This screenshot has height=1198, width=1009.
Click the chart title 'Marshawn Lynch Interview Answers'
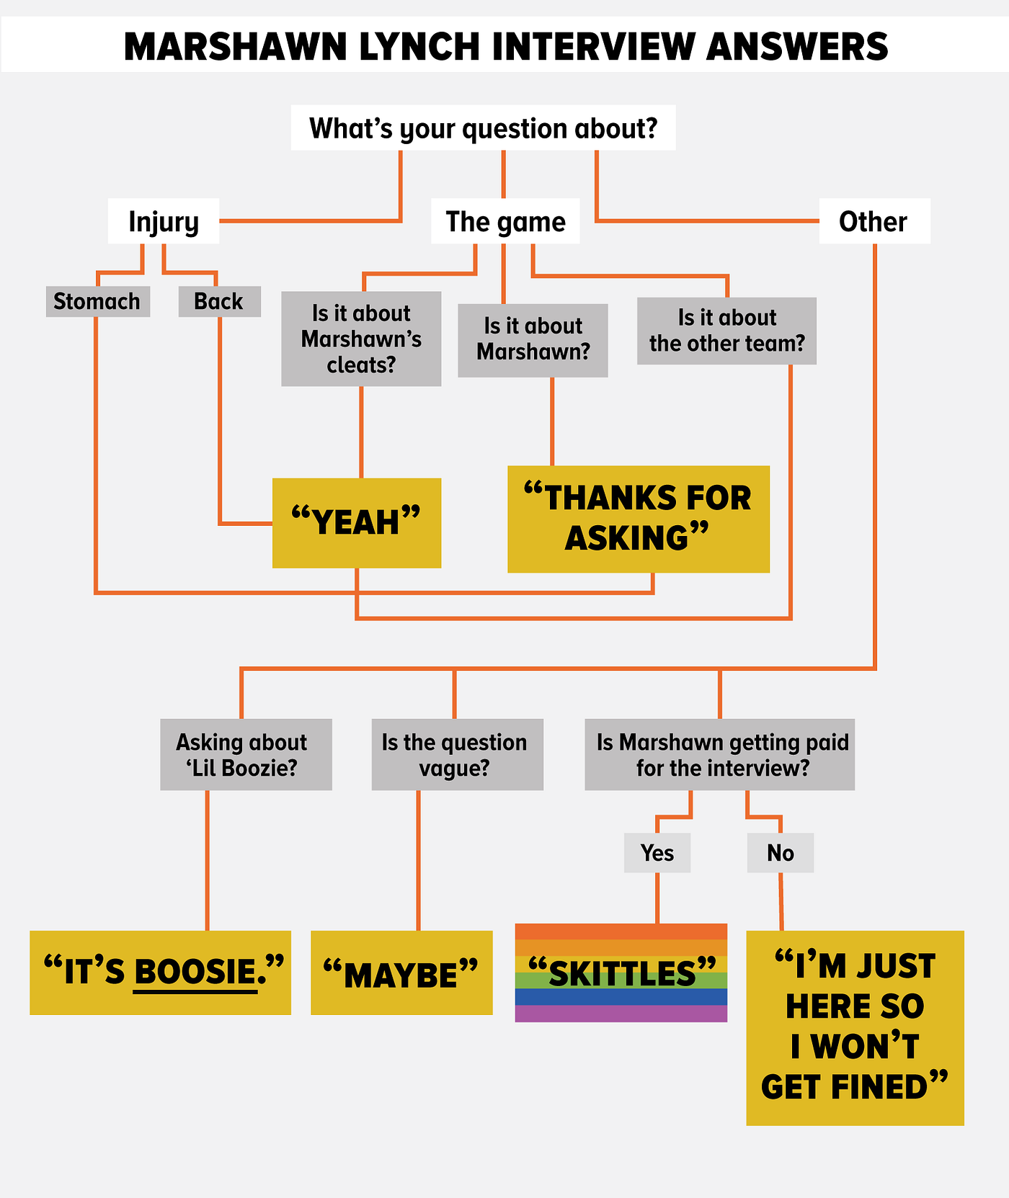pyautogui.click(x=505, y=46)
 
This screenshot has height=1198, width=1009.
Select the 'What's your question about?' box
pyautogui.click(x=483, y=128)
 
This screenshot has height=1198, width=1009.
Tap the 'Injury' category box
pyautogui.click(x=164, y=221)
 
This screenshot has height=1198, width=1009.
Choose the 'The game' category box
pyautogui.click(x=505, y=221)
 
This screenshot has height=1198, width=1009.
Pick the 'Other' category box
pyautogui.click(x=874, y=221)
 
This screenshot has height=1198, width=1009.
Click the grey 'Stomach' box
pyautogui.click(x=97, y=301)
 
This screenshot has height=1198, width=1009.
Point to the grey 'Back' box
pyautogui.click(x=219, y=301)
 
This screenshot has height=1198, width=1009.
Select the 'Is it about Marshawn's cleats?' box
pyautogui.click(x=361, y=339)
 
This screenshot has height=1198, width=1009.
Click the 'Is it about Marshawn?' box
pyautogui.click(x=533, y=339)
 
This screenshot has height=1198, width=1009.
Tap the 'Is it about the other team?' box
pyautogui.click(x=726, y=331)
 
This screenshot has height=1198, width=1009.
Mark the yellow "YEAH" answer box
pyautogui.click(x=357, y=522)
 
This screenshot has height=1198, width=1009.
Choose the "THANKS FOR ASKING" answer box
pyautogui.click(x=638, y=519)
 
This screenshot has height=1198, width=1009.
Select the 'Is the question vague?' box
pyautogui.click(x=457, y=754)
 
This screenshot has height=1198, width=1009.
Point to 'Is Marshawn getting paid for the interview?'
pyautogui.click(x=719, y=754)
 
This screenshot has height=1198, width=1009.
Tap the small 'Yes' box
pyautogui.click(x=657, y=853)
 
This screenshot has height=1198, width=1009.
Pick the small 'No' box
pyautogui.click(x=781, y=853)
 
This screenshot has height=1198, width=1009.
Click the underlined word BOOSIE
pyautogui.click(x=195, y=973)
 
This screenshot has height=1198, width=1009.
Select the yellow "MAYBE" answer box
pyautogui.click(x=401, y=973)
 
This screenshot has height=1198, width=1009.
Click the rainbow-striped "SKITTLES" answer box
pyautogui.click(x=621, y=973)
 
